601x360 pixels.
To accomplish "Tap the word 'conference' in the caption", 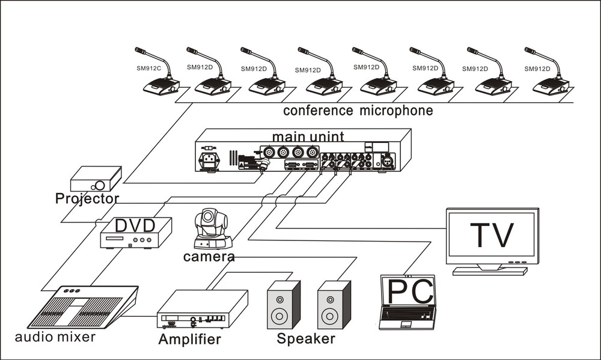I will pyautogui.click(x=318, y=111).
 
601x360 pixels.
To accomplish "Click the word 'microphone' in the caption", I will pyautogui.click(x=397, y=111).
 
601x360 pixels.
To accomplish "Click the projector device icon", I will pyautogui.click(x=96, y=179).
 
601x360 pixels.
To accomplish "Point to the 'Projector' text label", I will pyautogui.click(x=87, y=198).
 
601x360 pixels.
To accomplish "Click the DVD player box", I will pyautogui.click(x=135, y=233).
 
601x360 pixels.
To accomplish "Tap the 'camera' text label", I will pyautogui.click(x=209, y=257).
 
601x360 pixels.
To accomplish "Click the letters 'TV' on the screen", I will pyautogui.click(x=492, y=235).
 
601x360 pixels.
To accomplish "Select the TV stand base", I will pyautogui.click(x=489, y=271).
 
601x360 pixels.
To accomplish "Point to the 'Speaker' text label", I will pyautogui.click(x=306, y=338).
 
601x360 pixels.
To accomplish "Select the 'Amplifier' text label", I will pyautogui.click(x=189, y=340).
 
